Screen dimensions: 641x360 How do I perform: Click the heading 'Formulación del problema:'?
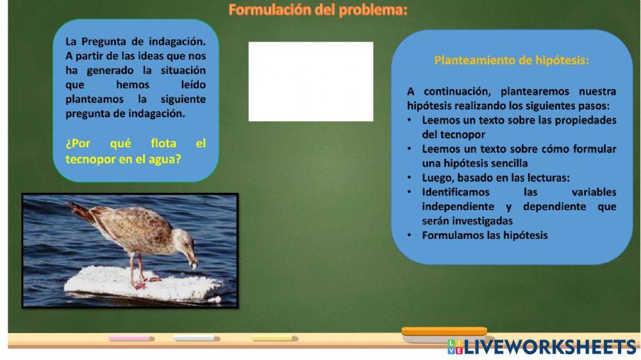318,10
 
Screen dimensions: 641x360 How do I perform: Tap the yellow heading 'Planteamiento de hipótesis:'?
512,60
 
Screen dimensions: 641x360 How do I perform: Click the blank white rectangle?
311,81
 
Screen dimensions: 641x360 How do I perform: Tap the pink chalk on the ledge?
131,338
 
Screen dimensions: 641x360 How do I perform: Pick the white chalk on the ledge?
196,338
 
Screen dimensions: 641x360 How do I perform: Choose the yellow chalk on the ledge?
274,338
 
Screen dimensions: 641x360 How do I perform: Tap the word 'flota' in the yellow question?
163,143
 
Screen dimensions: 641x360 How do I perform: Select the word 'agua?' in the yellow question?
165,160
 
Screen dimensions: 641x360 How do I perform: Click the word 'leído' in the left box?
194,85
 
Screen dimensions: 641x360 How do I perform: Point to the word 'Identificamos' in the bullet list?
456,192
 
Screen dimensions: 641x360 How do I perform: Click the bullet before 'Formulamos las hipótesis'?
410,235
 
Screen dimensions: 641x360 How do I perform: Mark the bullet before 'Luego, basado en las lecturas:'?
410,177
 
